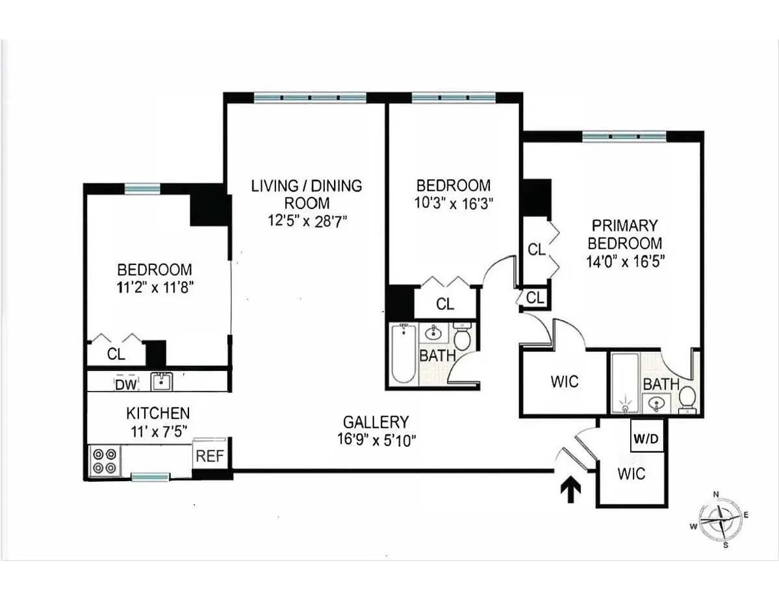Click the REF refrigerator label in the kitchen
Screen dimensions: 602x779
(210, 456)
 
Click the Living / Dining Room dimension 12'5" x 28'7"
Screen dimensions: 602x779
(306, 221)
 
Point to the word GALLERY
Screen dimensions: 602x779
(376, 421)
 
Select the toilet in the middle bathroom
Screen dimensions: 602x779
(462, 338)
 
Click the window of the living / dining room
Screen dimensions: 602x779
(310, 98)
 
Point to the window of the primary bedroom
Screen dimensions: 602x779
(624, 136)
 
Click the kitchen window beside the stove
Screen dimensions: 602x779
(150, 477)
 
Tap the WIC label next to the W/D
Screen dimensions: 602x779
(631, 473)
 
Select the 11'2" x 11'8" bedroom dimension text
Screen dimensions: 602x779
(154, 288)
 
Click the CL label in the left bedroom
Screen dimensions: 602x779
(116, 355)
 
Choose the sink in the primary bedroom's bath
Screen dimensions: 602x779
(656, 404)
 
